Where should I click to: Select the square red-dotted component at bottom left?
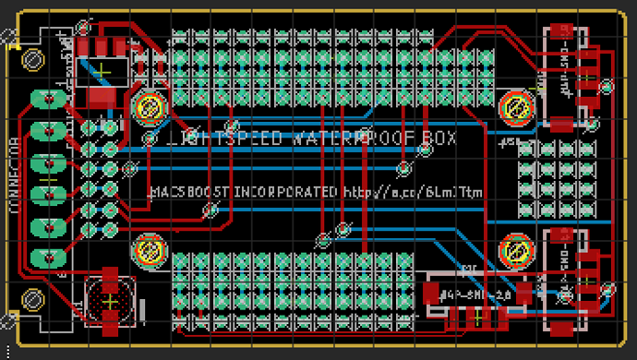tap(109, 300)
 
